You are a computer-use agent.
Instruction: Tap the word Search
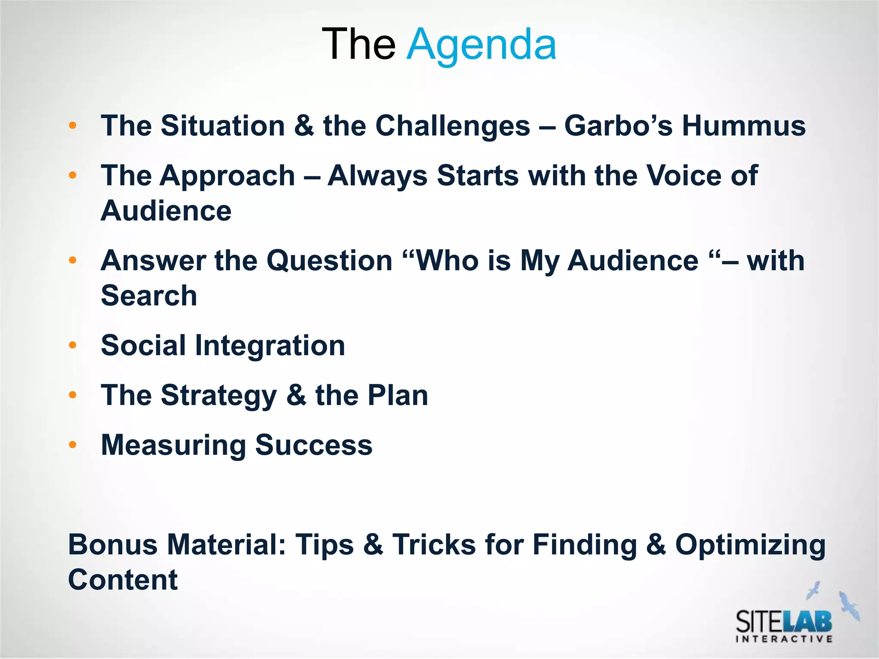click(x=149, y=296)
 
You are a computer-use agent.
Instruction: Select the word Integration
click(x=270, y=345)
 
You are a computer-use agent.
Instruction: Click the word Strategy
click(x=219, y=396)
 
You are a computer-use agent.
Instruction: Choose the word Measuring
click(x=173, y=445)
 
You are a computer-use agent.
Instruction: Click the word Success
click(x=314, y=445)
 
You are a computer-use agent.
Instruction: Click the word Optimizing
click(x=750, y=545)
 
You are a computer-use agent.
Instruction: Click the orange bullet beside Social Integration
click(x=73, y=345)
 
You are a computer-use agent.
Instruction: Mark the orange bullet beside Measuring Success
click(x=73, y=445)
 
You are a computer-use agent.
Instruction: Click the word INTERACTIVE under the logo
click(x=784, y=639)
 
